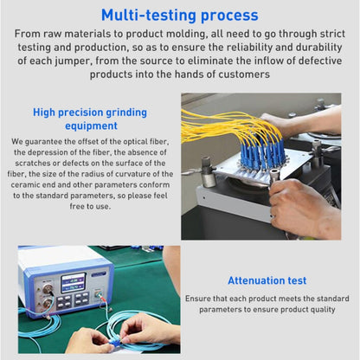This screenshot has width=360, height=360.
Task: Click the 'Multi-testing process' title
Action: (179, 15)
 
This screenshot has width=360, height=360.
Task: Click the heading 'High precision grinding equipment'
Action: (90, 119)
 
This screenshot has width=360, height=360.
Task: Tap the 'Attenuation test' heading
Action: (267, 280)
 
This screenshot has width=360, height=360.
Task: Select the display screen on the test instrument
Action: (73, 283)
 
